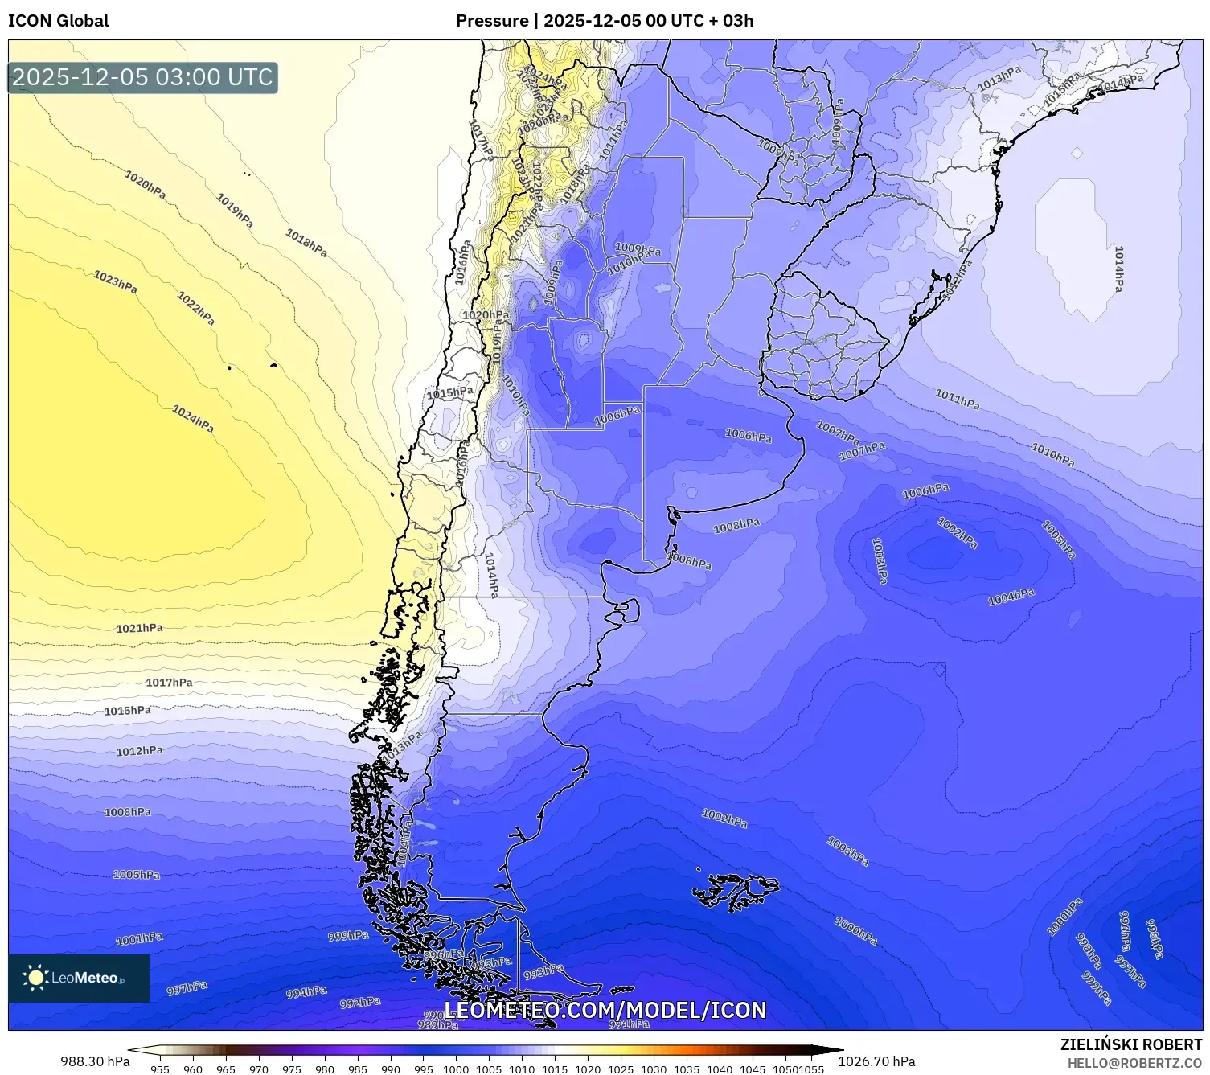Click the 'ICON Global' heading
tap(58, 21)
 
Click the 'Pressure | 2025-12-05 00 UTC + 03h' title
tap(605, 21)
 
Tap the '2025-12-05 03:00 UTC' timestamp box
tap(143, 77)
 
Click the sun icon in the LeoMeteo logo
tap(36, 978)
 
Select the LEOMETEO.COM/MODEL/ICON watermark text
tap(605, 1010)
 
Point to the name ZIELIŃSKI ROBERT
tap(1131, 1045)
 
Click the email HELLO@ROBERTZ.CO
tap(1134, 1063)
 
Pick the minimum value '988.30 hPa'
tap(95, 1061)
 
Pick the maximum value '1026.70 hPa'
tap(876, 1061)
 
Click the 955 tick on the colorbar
tap(160, 1069)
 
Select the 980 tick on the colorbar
tap(325, 1069)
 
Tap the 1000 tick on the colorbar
tap(456, 1069)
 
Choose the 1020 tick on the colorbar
tap(588, 1069)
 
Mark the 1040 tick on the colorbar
tap(720, 1069)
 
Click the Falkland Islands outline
tap(736, 889)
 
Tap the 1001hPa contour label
tap(139, 938)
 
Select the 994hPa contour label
tap(306, 993)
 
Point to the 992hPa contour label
tap(360, 1003)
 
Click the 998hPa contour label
tap(1088, 951)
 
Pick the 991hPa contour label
tap(629, 1024)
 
